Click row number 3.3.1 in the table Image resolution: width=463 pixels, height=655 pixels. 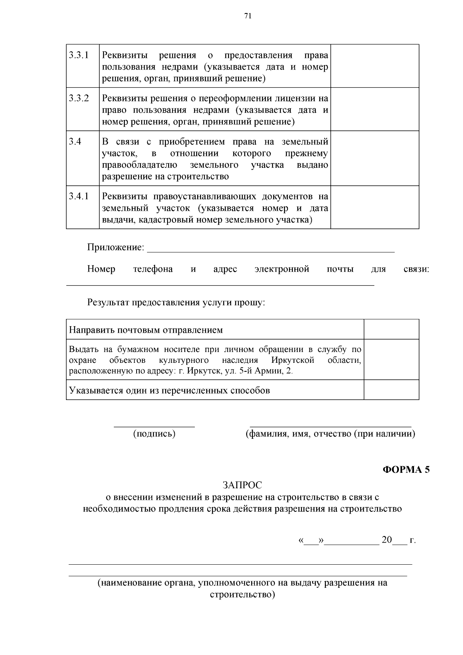tap(79, 55)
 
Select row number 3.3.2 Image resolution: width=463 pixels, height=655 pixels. tap(79, 98)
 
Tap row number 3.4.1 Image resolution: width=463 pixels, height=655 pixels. tap(79, 196)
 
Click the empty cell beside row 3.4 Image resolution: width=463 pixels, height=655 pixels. tap(375, 158)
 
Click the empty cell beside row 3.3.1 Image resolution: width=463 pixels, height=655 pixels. tap(375, 66)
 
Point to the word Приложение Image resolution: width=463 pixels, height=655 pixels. tap(115, 247)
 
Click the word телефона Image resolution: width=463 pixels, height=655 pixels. tap(153, 269)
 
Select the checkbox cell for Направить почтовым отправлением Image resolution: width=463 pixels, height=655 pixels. tap(391, 329)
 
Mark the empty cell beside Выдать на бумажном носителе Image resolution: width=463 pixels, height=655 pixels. tap(391, 359)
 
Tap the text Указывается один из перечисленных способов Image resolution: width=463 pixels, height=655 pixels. tap(169, 390)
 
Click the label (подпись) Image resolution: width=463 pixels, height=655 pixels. tap(154, 434)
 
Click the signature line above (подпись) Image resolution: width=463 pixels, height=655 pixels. tap(154, 427)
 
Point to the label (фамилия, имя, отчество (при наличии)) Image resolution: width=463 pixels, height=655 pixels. tap(331, 434)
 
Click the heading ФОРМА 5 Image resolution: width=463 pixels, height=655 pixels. tap(406, 470)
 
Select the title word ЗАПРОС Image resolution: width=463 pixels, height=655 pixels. tap(242, 485)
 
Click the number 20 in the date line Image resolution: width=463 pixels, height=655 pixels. tap(387, 540)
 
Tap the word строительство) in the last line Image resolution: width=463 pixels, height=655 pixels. tap(242, 594)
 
